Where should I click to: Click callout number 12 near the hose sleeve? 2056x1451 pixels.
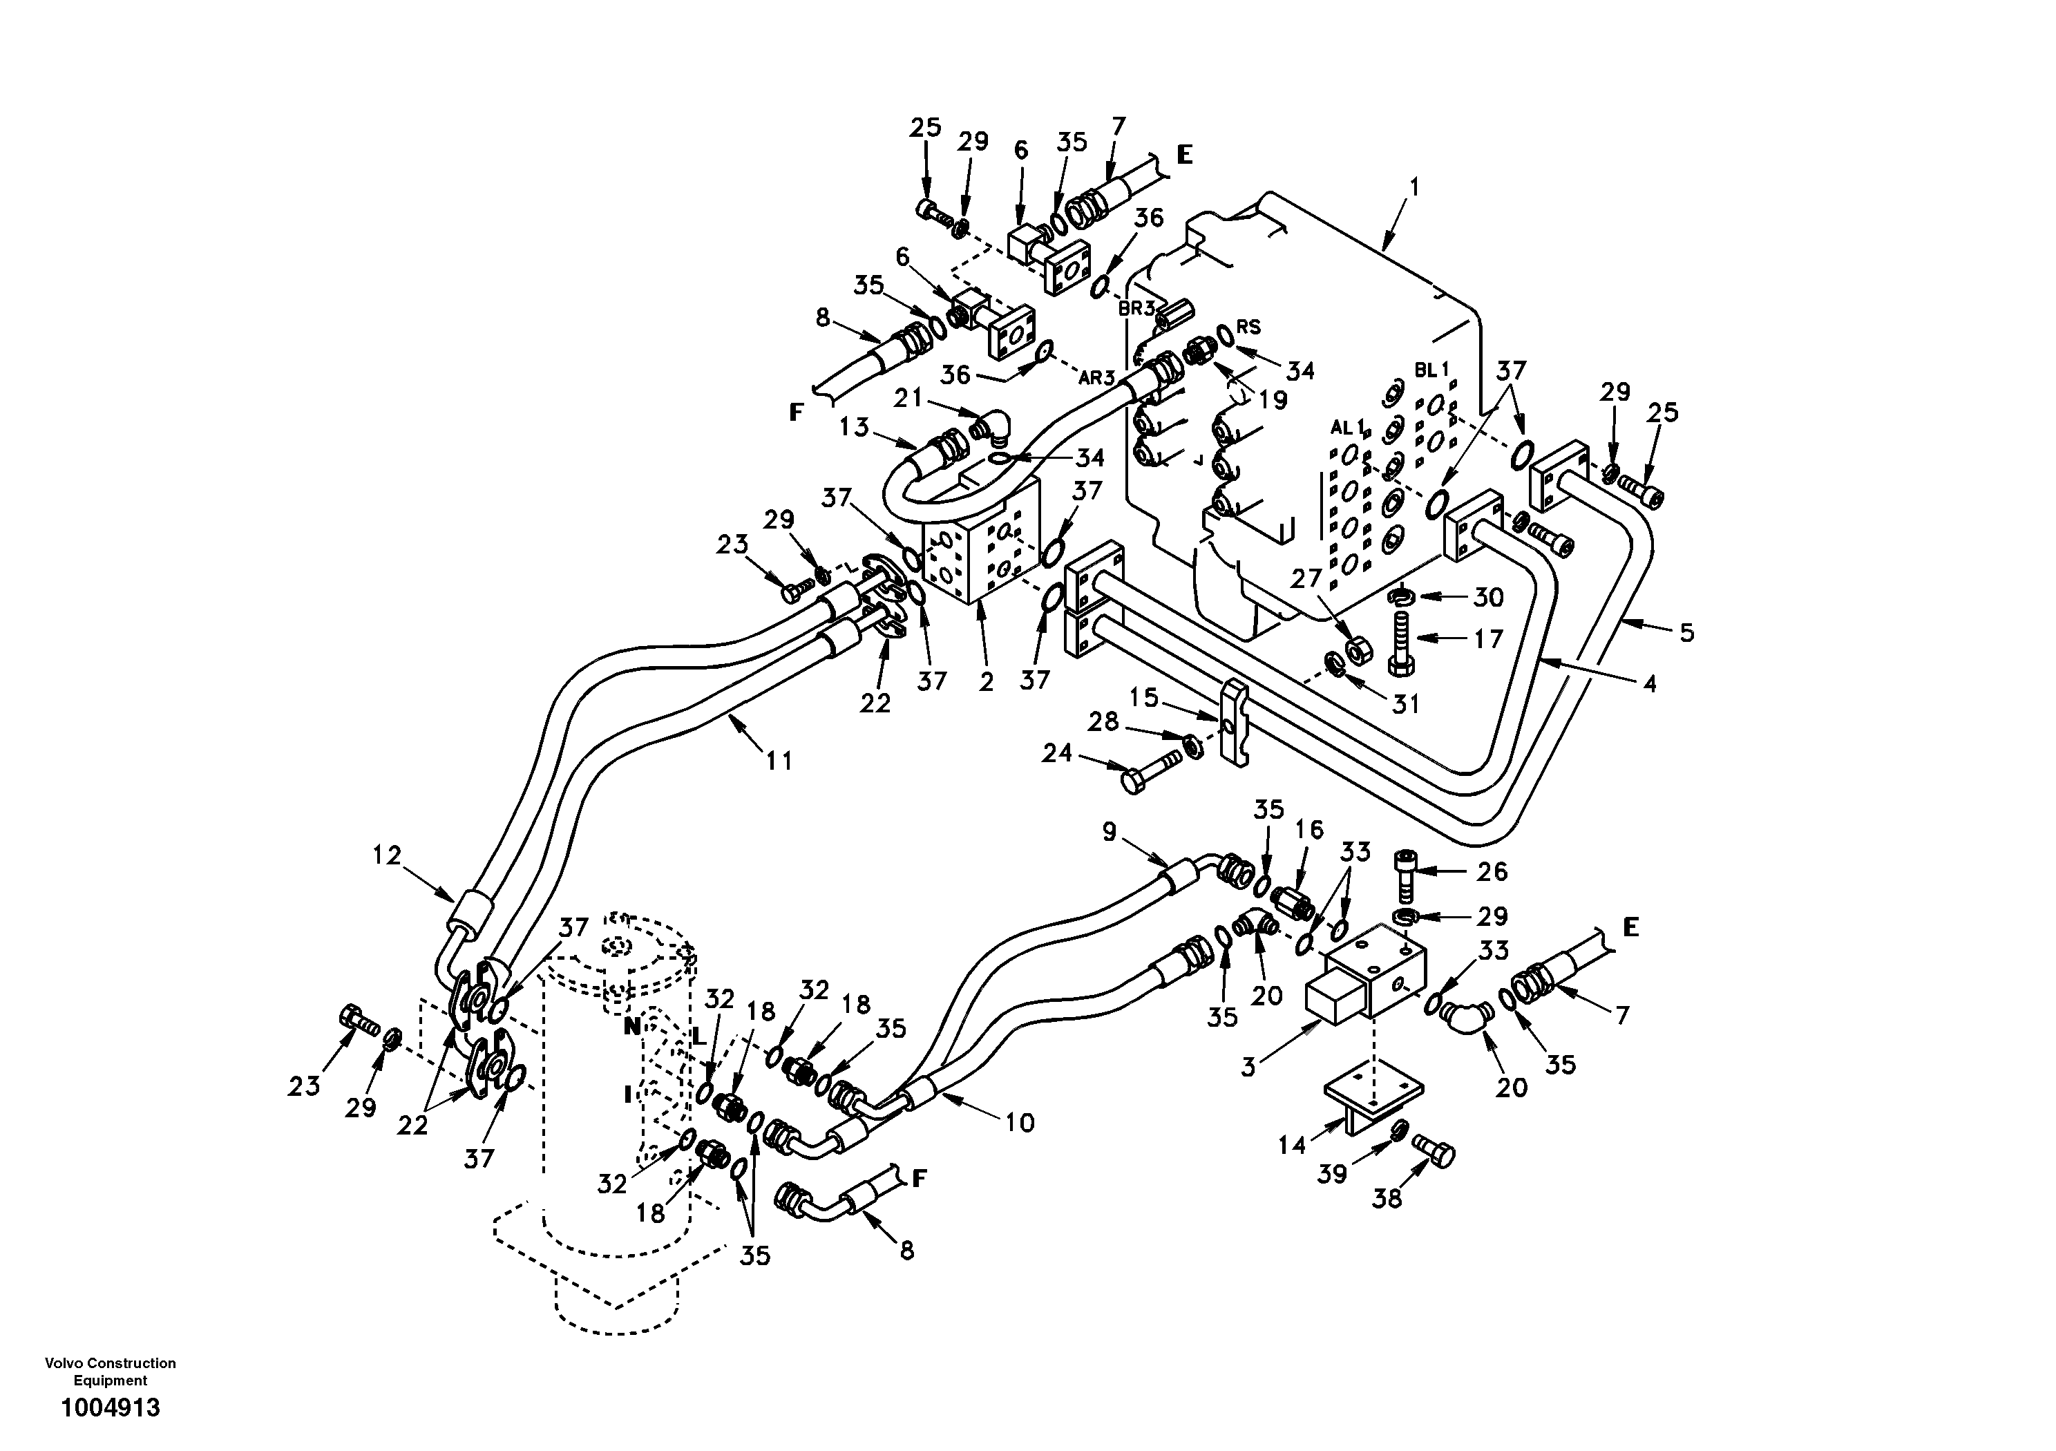387,855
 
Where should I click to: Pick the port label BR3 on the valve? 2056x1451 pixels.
1136,308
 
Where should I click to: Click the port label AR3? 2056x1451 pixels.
1096,378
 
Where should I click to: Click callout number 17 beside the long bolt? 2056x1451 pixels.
1487,640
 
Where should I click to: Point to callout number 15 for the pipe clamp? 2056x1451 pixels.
1143,697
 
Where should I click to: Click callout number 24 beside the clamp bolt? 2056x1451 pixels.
1056,753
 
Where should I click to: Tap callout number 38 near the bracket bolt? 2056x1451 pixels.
1387,1197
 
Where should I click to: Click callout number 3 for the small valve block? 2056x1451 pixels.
1249,1066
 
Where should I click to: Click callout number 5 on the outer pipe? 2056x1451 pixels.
1686,633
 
